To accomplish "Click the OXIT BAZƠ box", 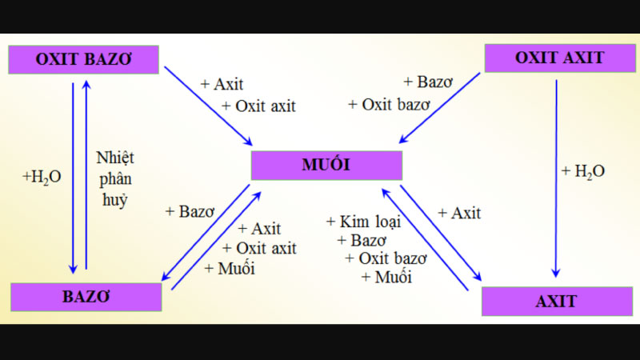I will coord(83,59).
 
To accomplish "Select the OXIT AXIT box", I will coord(559,58).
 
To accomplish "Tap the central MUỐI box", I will coord(326,166).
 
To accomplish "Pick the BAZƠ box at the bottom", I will coord(86,297).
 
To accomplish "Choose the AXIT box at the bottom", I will coord(556,302).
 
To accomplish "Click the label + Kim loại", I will coord(364,222).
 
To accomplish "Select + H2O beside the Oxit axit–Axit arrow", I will coord(583,170).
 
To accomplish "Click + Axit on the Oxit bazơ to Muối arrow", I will coord(222,84).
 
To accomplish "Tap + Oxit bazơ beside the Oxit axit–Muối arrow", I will coord(390,104).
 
